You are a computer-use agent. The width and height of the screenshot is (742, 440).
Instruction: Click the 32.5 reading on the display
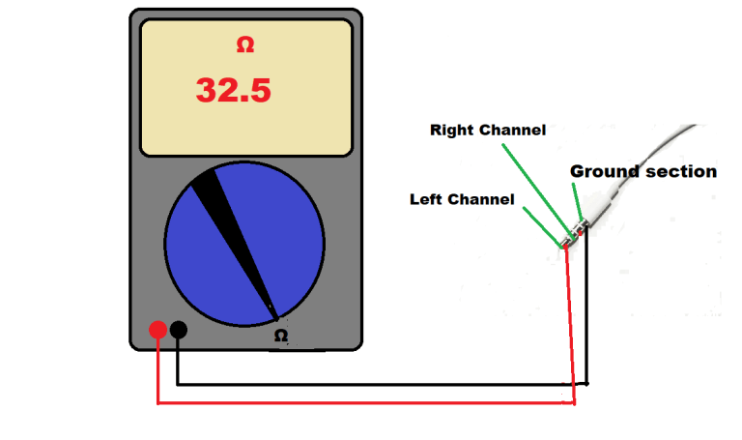coord(234,90)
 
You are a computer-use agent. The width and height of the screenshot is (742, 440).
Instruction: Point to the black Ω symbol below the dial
coord(281,336)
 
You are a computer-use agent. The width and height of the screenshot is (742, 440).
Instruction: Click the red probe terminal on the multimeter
coord(157,330)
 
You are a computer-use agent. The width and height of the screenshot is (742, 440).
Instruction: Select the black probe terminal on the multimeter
coord(179,330)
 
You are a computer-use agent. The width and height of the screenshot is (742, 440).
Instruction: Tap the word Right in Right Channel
coord(450,130)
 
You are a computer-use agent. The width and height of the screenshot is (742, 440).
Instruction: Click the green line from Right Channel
coord(536,185)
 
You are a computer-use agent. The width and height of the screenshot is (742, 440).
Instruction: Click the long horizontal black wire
coord(377,383)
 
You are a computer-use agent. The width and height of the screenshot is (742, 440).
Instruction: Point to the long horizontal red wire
coord(367,402)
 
